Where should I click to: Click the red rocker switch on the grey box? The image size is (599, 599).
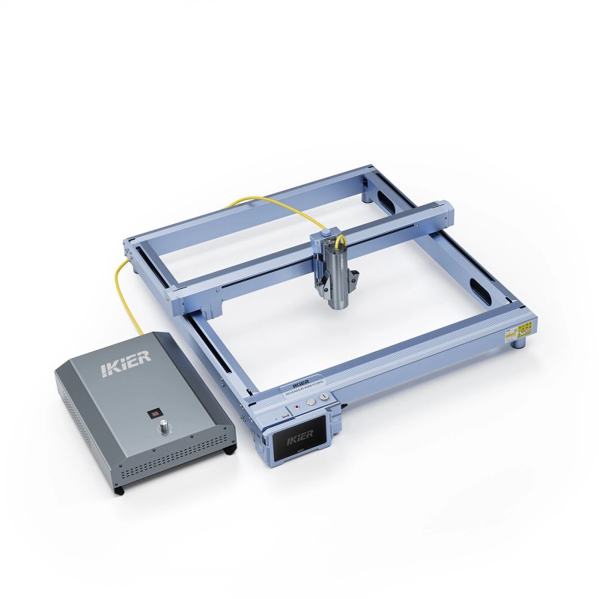(154, 413)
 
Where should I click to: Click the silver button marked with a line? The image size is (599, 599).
(323, 396)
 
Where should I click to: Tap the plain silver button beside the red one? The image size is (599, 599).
(311, 401)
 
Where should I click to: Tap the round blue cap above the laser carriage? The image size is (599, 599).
(320, 236)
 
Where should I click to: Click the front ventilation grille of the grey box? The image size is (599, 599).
(172, 470)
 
